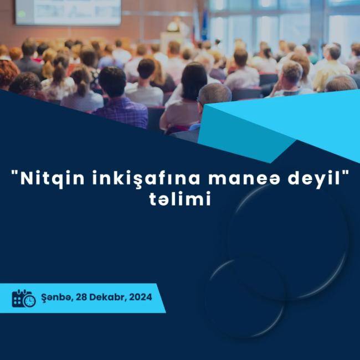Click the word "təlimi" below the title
point(180,200)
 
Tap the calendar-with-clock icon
point(24,298)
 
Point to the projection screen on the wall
point(68,12)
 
